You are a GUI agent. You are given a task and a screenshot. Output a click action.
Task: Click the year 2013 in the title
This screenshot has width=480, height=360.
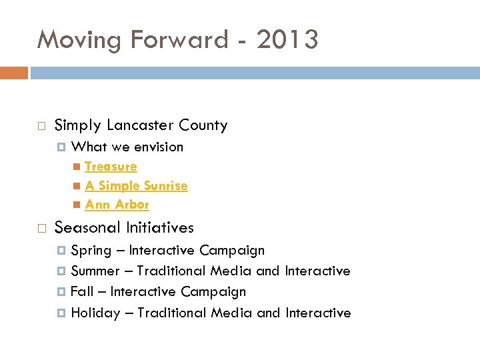click(x=287, y=40)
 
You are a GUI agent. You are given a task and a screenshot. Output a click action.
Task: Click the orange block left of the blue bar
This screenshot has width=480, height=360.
click(x=13, y=73)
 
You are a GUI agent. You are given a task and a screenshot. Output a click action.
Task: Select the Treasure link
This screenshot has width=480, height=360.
click(x=111, y=167)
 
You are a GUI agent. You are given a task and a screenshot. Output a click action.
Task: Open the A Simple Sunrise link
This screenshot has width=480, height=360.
click(x=136, y=186)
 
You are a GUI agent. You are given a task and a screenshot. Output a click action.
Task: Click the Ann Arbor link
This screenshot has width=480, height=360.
click(x=117, y=205)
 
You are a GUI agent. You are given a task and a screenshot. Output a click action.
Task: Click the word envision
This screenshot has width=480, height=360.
click(x=159, y=147)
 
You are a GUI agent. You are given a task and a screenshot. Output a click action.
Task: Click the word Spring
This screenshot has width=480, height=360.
click(x=91, y=251)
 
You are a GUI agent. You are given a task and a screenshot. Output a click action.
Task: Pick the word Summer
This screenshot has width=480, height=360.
click(x=95, y=271)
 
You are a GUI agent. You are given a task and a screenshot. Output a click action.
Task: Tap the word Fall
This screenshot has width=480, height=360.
click(x=82, y=292)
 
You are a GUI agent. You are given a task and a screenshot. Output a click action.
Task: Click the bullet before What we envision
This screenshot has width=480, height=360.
click(x=62, y=147)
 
